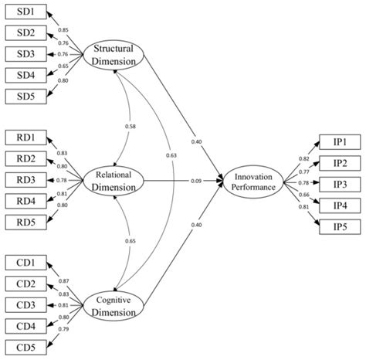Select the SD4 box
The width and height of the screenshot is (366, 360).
(25, 75)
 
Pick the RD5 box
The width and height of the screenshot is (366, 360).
(25, 222)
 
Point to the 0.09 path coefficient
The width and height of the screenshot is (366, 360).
(198, 182)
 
